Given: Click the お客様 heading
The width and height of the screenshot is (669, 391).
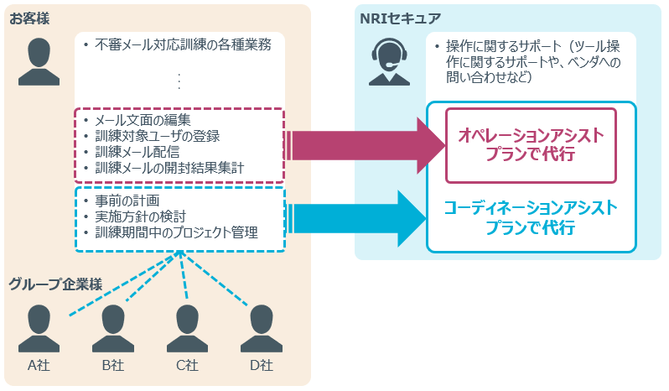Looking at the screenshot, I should pos(29,18).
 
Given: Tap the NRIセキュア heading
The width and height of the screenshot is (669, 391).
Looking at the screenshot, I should pos(400,18).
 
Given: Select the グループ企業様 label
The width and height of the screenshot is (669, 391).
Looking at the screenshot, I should pos(55,283).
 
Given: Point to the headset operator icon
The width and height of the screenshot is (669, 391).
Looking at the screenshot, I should pos(388,63).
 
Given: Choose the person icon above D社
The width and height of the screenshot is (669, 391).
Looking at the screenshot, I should pos(260,328).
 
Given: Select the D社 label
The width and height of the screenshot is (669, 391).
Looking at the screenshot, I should pos(260,365).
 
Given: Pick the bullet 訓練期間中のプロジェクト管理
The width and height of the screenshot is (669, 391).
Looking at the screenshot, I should pos(176,232).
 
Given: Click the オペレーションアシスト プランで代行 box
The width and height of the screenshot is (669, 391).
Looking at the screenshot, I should pos(530,144).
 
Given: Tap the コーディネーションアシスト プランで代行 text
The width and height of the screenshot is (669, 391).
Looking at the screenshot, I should pos(531,217).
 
